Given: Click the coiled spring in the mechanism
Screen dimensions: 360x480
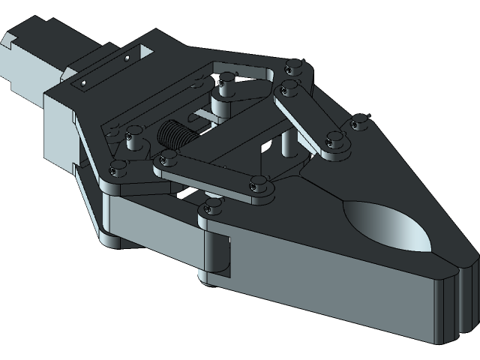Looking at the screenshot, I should pyautogui.click(x=175, y=136).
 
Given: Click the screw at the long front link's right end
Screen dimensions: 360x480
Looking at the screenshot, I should pyautogui.click(x=259, y=182).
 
